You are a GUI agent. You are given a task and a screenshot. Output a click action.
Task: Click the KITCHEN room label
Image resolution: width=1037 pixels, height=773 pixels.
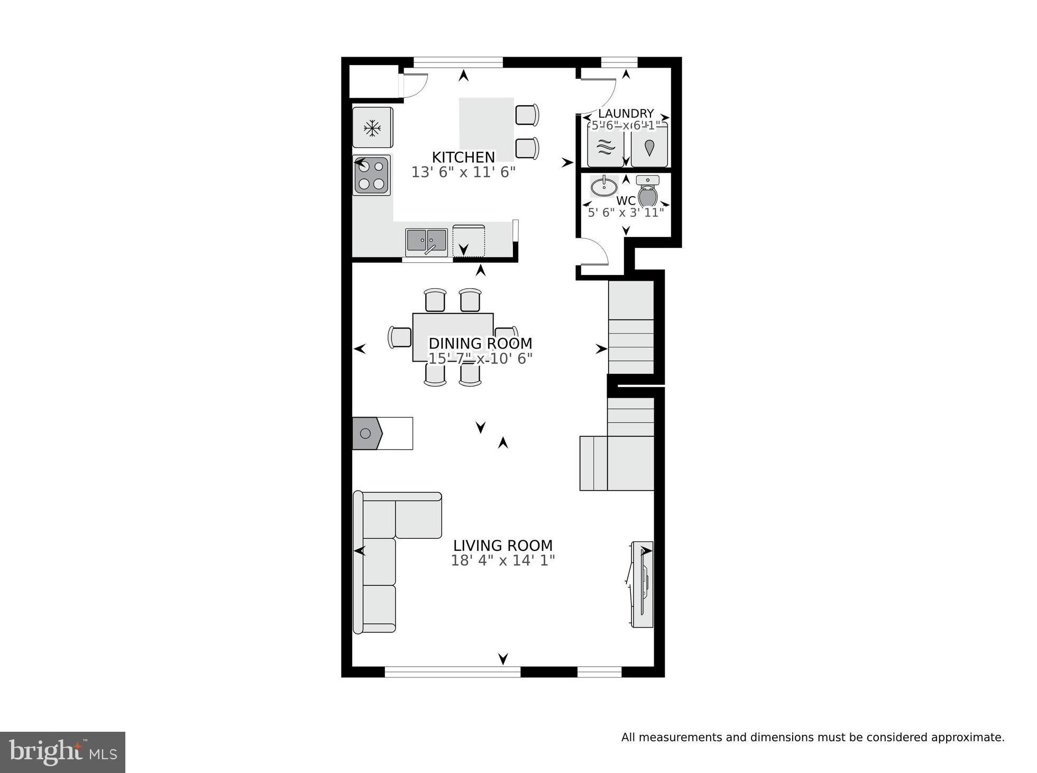point(463,157)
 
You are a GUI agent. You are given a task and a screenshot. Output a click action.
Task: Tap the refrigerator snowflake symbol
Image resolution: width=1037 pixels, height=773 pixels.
point(372,127)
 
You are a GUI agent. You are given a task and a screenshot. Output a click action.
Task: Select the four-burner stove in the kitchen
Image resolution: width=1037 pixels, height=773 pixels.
point(371,175)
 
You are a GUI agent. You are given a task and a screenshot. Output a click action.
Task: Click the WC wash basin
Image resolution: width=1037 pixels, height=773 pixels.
point(604,186)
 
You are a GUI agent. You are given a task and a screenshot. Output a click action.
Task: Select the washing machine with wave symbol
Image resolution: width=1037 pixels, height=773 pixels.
point(605,148)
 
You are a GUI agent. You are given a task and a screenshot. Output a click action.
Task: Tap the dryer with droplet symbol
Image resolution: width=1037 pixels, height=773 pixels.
point(649,148)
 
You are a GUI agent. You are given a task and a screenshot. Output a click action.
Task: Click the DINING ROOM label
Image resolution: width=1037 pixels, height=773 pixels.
point(480,343)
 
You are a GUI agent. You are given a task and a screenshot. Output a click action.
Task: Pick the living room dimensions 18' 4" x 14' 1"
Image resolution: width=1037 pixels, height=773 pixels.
point(502,560)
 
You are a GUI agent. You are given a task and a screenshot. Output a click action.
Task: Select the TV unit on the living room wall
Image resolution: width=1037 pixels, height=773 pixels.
point(643,584)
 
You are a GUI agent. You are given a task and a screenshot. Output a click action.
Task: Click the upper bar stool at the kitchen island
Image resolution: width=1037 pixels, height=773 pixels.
point(527,115)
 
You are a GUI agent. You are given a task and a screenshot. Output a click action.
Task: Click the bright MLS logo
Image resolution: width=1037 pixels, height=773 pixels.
point(62,752)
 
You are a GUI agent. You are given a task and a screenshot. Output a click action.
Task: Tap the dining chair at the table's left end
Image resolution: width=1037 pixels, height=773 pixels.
point(400,337)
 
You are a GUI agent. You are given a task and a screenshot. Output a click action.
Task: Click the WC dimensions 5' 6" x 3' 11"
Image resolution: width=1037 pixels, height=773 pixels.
point(626,213)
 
